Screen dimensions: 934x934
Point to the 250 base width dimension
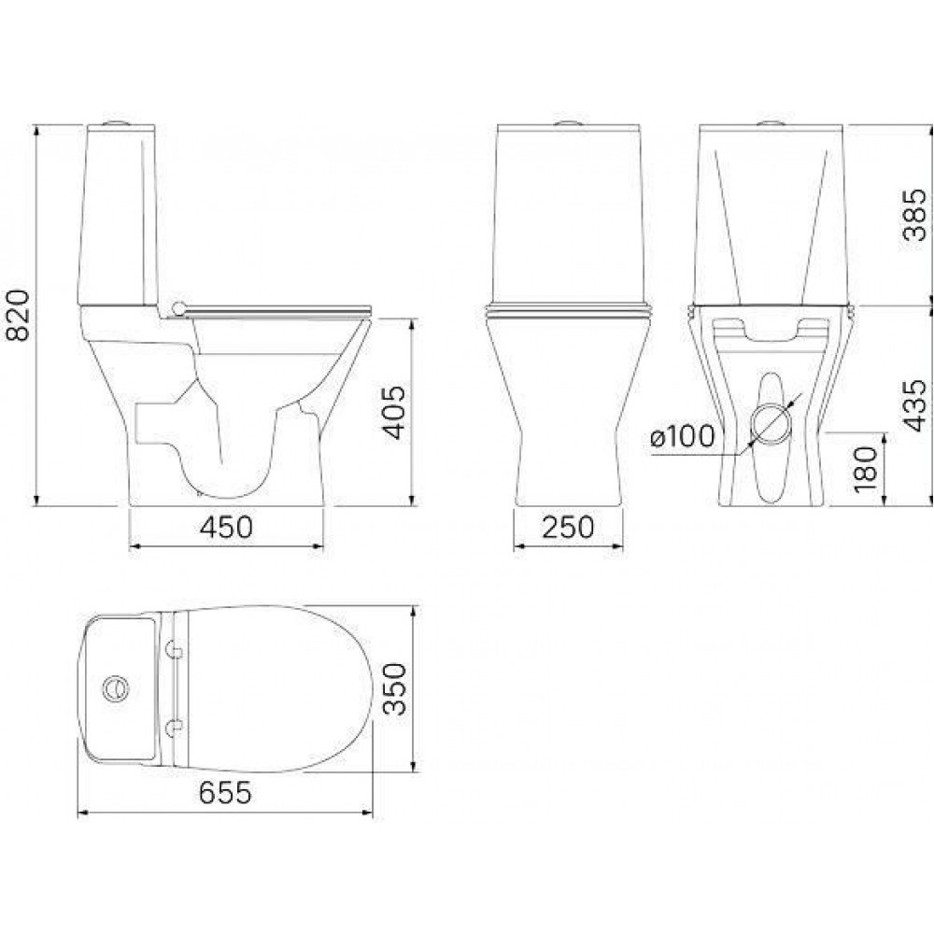(567, 528)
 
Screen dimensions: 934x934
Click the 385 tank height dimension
(914, 215)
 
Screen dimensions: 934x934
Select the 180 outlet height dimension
(866, 470)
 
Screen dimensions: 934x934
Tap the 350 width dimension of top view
(396, 689)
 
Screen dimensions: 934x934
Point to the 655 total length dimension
(224, 794)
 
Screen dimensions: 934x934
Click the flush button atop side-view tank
(117, 121)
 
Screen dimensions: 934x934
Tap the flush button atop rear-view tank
(771, 121)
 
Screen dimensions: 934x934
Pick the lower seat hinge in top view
(175, 727)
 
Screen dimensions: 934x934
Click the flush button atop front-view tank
(567, 121)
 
